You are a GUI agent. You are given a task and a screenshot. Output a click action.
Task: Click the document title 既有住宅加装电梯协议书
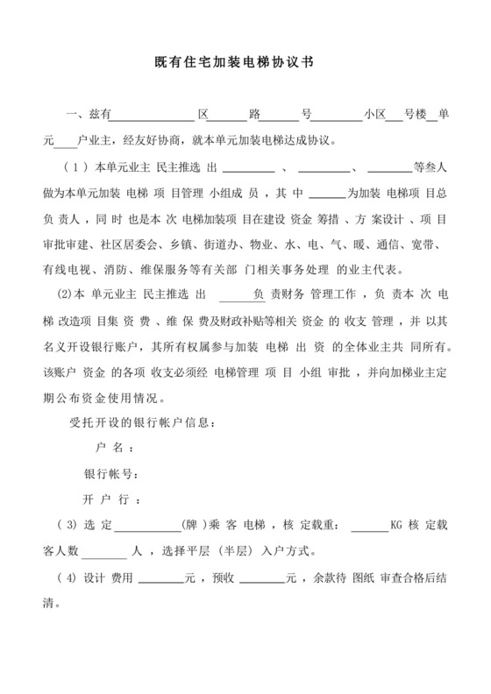pos(245,64)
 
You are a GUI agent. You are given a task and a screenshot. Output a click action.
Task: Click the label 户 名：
pos(114,448)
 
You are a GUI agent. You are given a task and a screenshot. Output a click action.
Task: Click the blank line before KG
pos(369,528)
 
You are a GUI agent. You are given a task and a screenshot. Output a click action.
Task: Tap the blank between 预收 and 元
pos(261,579)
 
